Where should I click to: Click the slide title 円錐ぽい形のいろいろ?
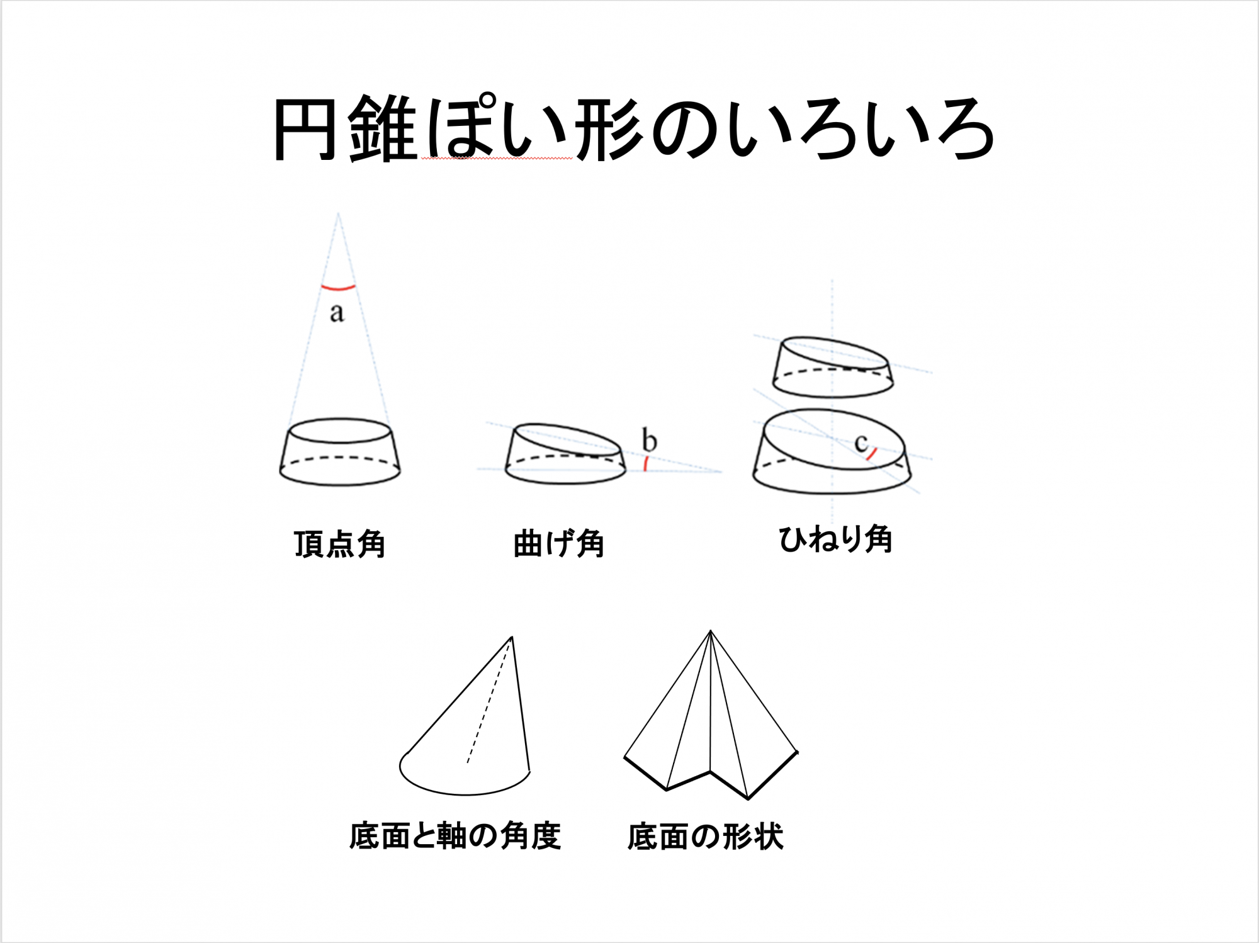point(633,129)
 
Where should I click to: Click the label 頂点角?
point(339,544)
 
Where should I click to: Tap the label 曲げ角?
point(558,544)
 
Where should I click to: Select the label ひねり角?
point(835,539)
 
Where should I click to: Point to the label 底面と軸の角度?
point(455,837)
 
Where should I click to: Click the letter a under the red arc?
point(337,312)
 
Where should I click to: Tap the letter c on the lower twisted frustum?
point(861,443)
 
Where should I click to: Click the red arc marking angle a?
point(339,289)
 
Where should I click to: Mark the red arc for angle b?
point(646,465)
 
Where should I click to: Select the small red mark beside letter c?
point(872,454)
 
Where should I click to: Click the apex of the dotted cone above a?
point(338,213)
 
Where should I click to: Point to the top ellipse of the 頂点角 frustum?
point(340,431)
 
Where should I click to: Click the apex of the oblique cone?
point(512,637)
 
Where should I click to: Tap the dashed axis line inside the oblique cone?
point(489,700)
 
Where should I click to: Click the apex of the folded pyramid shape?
point(711,631)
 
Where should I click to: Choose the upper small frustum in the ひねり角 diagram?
point(833,367)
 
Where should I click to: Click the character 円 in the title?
point(304,129)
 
